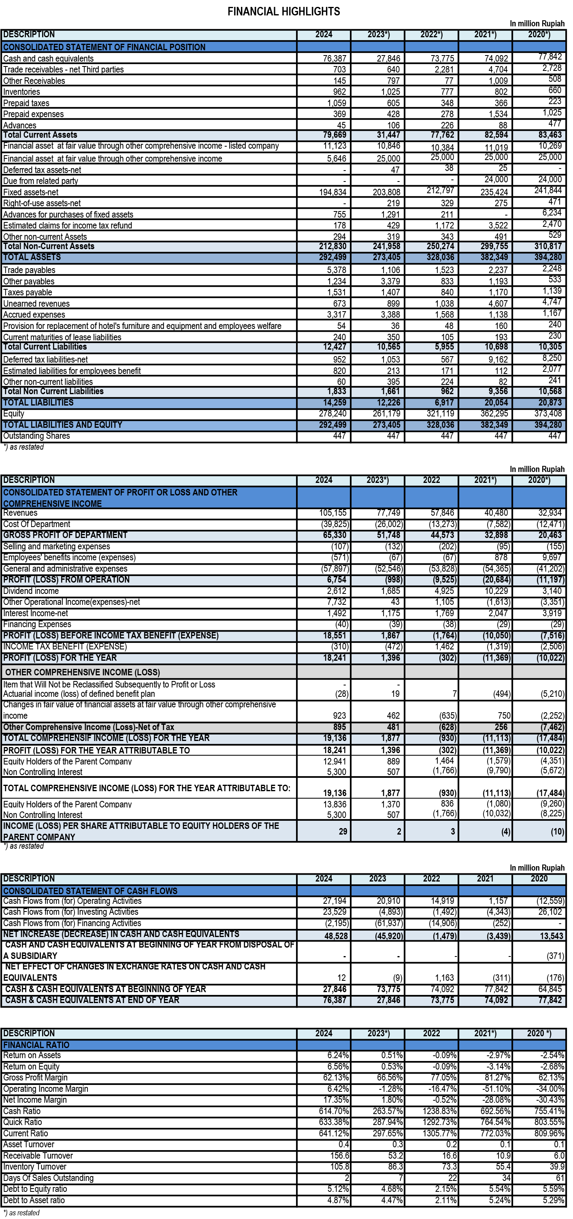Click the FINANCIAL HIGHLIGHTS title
283,11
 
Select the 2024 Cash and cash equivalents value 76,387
334,59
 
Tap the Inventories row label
22,92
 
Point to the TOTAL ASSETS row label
32,257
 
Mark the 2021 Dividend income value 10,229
496,591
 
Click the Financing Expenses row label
37,625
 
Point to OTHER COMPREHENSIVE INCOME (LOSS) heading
82,672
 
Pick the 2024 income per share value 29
343,831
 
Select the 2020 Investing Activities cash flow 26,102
550,912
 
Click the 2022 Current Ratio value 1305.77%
439,1134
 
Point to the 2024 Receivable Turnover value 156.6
339,1155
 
